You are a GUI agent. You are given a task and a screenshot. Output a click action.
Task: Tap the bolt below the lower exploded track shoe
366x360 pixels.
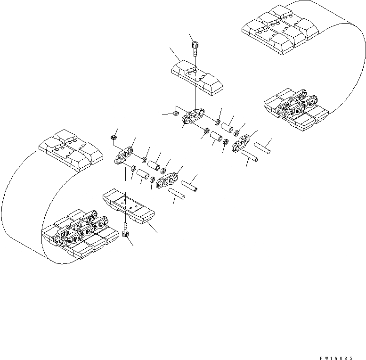[126, 232]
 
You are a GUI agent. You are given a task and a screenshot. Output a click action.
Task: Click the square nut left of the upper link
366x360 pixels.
[175, 113]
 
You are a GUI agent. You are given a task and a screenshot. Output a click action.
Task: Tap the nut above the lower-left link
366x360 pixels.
[114, 137]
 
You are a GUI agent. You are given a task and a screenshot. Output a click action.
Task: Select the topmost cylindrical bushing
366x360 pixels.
[228, 128]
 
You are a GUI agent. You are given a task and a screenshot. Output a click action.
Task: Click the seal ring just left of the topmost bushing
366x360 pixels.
[218, 123]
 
